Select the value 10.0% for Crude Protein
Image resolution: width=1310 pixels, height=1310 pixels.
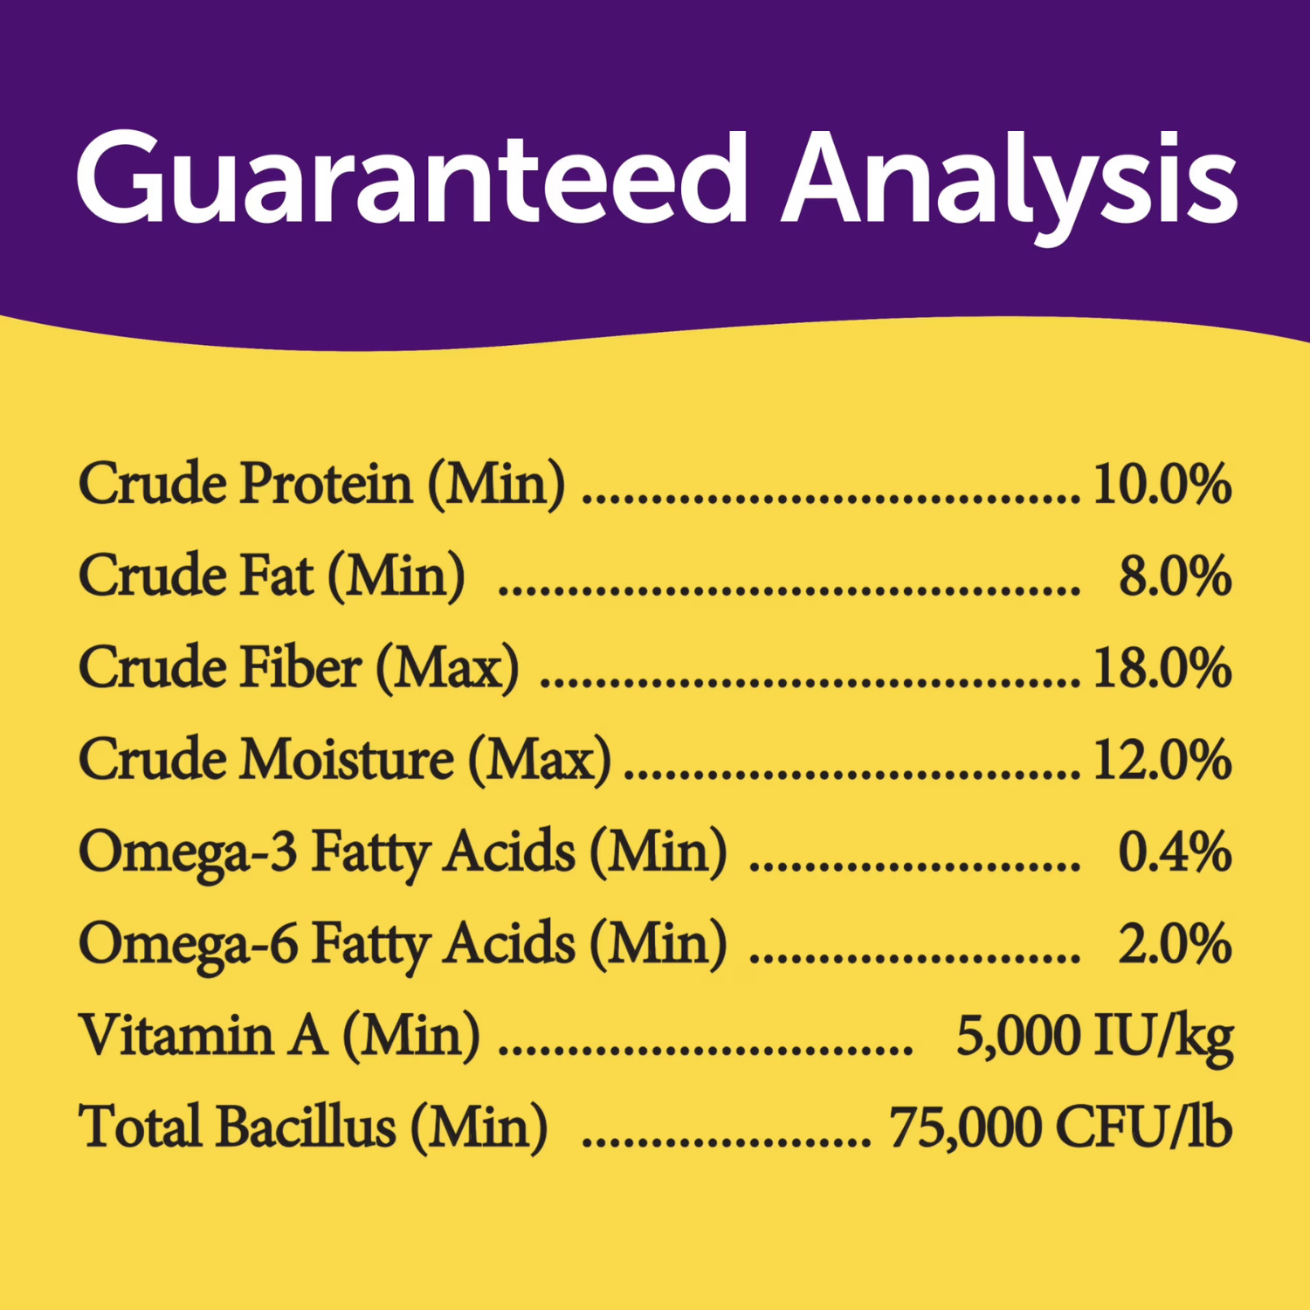1162,484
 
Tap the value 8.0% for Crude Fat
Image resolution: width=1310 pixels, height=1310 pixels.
1176,576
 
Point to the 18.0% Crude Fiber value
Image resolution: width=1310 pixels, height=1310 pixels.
1162,668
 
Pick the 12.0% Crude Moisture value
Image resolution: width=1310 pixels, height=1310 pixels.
1162,760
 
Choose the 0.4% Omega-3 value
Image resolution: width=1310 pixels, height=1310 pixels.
1176,851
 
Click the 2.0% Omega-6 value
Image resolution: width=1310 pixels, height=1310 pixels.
1176,943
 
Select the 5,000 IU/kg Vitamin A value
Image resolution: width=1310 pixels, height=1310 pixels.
1095,1038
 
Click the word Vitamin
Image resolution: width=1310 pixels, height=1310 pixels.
176,1035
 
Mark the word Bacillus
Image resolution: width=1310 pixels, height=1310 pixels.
307,1126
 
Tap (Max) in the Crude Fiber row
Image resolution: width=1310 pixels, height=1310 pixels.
447,669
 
